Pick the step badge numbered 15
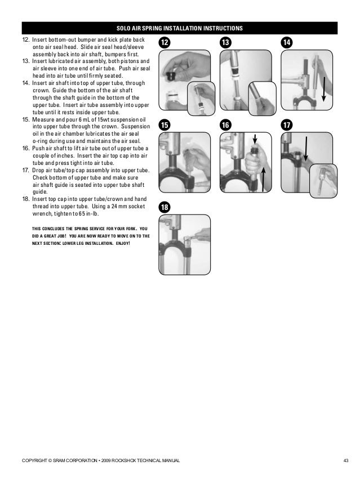coord(165,126)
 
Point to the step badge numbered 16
coord(226,126)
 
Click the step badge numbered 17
coord(288,126)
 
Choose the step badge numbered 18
coord(165,208)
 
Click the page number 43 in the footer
coord(346,461)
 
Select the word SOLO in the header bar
coord(123,28)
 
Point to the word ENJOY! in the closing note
coord(121,244)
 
